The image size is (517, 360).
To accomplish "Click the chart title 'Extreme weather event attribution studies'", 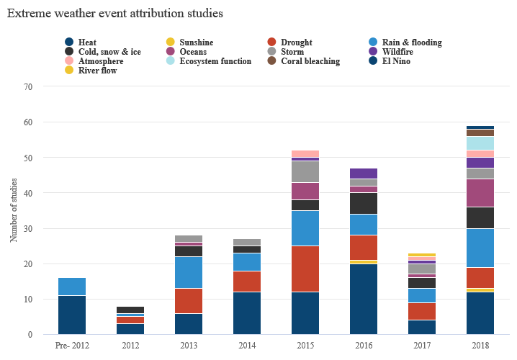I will (x=114, y=14).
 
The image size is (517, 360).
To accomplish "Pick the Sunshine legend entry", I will (x=196, y=42).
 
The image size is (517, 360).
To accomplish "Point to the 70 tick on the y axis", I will (x=29, y=86).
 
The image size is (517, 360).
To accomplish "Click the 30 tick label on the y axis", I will (x=29, y=228).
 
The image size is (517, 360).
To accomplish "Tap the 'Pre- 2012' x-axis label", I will (x=72, y=346).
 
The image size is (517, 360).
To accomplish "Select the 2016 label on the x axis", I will (x=363, y=346).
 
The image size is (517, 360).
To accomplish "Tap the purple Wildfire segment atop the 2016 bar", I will (x=363, y=173).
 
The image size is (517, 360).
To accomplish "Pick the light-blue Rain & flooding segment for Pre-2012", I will (x=72, y=287).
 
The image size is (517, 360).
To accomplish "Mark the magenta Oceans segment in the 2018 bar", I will (x=480, y=193).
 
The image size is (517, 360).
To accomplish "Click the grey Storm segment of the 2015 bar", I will (x=305, y=171).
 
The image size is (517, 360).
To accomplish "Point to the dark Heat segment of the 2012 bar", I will (x=130, y=329).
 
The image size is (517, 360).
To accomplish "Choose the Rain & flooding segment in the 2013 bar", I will (x=189, y=272).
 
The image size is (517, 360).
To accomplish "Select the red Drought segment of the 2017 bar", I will (x=421, y=311).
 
